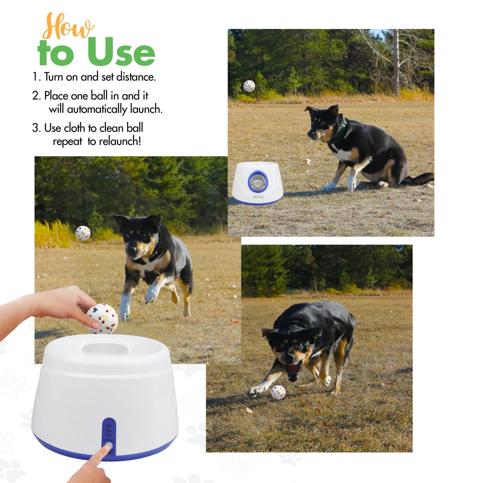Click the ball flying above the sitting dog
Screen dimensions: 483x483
tap(249, 86)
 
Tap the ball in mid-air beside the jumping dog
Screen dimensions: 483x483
tap(83, 233)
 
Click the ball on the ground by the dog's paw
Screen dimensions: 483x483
tap(278, 392)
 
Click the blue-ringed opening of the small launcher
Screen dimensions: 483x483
tap(258, 181)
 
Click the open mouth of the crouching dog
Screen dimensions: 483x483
tap(293, 371)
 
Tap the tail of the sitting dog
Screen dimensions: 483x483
tap(421, 178)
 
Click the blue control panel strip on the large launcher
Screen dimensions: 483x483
tap(109, 435)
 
